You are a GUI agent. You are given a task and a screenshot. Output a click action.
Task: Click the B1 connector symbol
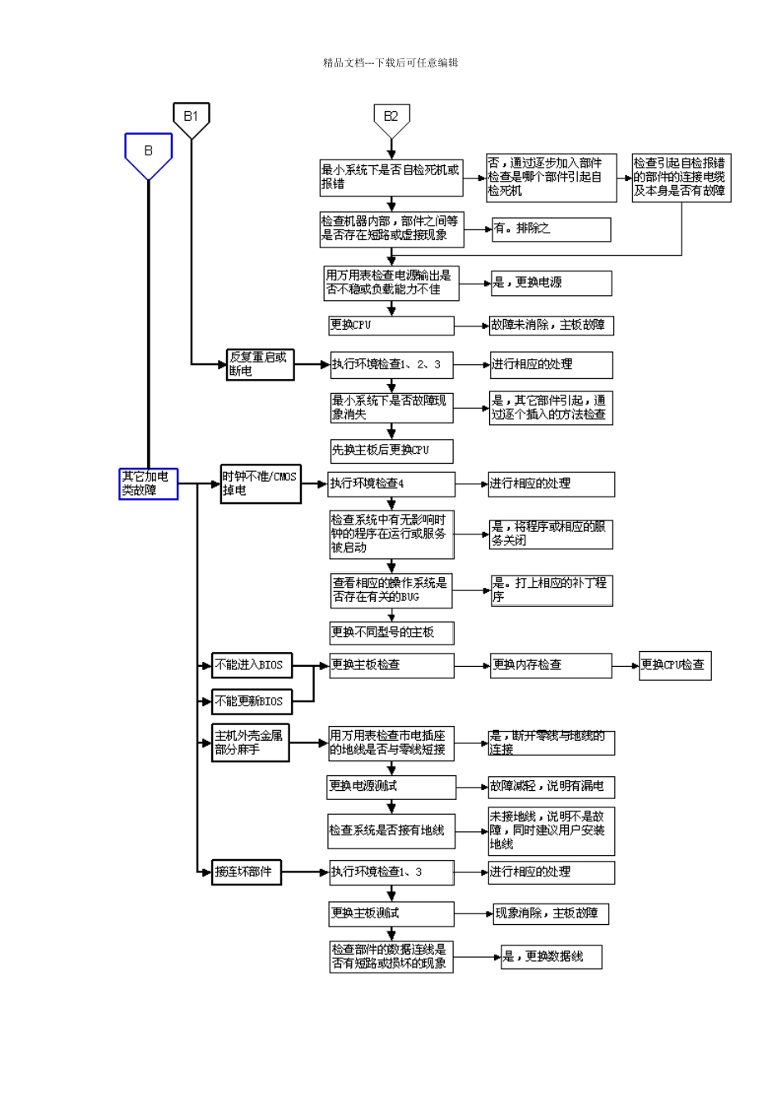pyautogui.click(x=191, y=118)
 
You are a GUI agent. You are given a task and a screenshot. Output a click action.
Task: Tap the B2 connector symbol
pyautogui.click(x=390, y=118)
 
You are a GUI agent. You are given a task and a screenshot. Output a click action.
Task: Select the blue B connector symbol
pyautogui.click(x=148, y=154)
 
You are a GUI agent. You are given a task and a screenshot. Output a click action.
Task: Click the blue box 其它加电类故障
pyautogui.click(x=148, y=483)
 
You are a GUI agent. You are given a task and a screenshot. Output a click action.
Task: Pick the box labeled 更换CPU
pyautogui.click(x=390, y=326)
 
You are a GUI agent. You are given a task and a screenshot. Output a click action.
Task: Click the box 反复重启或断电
pyautogui.click(x=260, y=364)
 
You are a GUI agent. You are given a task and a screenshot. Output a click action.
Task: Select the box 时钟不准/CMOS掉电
pyautogui.click(x=260, y=483)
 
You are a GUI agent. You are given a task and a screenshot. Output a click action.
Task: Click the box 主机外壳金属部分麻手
pyautogui.click(x=250, y=743)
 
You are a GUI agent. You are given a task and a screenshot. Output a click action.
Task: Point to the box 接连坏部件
pyautogui.click(x=247, y=872)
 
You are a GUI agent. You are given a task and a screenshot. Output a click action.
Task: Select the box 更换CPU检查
pyautogui.click(x=674, y=665)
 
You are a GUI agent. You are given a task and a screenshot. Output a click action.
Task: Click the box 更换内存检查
pyautogui.click(x=550, y=665)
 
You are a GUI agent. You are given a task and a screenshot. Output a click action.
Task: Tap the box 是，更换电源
pyautogui.click(x=551, y=283)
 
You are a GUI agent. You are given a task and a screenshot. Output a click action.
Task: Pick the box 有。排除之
pyautogui.click(x=551, y=229)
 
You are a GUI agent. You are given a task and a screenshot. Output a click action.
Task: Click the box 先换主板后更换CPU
pyautogui.click(x=390, y=451)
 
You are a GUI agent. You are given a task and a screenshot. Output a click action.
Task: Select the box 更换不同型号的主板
pyautogui.click(x=390, y=632)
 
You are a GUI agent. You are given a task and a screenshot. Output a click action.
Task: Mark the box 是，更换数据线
pyautogui.click(x=551, y=957)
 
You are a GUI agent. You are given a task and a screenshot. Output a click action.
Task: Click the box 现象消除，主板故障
pyautogui.click(x=551, y=913)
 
